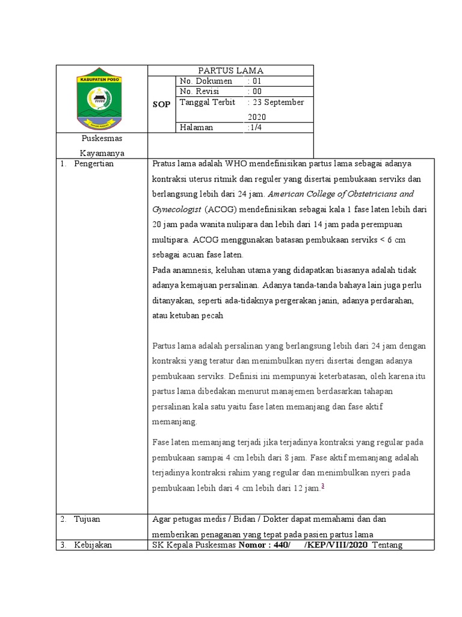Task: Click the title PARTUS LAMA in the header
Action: tap(231, 71)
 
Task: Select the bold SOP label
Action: tap(161, 104)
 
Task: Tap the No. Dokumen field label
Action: tap(205, 81)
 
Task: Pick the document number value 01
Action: tap(255, 81)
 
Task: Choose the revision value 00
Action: tap(255, 92)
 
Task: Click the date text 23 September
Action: tap(276, 102)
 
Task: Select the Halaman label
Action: tap(196, 128)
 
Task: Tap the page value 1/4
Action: tap(254, 128)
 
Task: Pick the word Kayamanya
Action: tap(102, 153)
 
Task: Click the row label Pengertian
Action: tap(94, 164)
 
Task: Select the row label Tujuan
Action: tap(87, 519)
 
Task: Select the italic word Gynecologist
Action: tap(177, 210)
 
